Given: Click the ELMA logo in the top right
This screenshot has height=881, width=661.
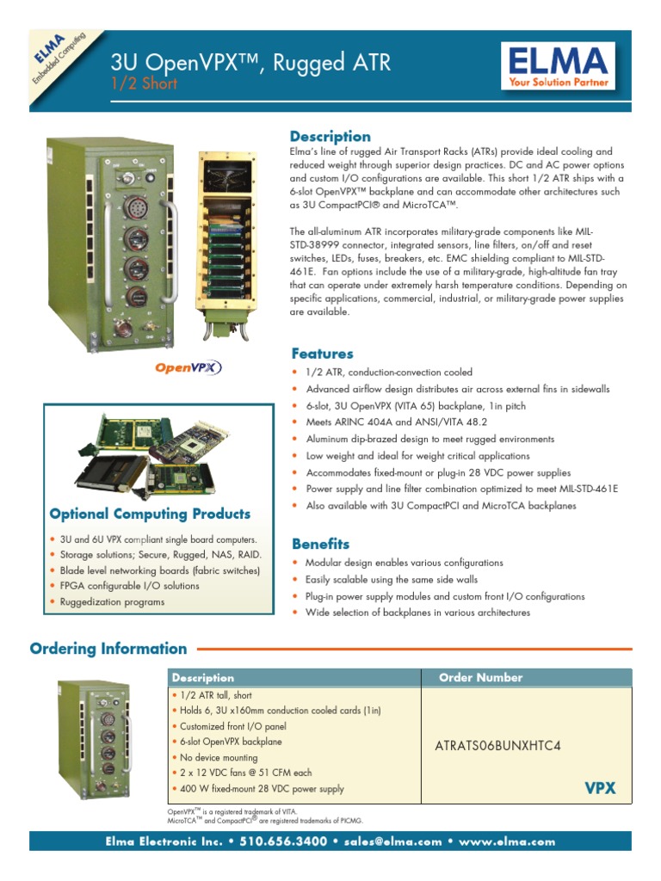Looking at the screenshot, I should (x=558, y=67).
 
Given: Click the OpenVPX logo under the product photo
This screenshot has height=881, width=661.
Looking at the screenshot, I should (x=188, y=367).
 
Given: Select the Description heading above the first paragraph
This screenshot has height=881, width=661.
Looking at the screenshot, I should (x=330, y=137).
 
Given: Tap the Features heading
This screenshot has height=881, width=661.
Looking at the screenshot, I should (x=322, y=354).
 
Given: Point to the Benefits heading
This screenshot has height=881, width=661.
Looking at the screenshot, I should (x=320, y=544).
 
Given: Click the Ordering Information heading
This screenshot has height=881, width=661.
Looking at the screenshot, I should (x=108, y=649).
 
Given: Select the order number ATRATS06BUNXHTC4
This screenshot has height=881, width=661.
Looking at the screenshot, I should (x=497, y=746).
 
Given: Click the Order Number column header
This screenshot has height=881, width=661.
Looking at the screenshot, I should (x=480, y=678).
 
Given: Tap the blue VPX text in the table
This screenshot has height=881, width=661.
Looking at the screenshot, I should (x=600, y=788).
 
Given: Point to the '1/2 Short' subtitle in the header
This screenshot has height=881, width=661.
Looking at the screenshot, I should (x=145, y=83).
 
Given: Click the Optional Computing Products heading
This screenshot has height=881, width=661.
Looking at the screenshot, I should (x=151, y=514).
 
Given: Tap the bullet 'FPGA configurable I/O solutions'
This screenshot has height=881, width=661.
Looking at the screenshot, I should (x=129, y=586).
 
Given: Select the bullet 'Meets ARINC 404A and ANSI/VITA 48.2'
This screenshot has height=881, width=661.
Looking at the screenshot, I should (x=396, y=422).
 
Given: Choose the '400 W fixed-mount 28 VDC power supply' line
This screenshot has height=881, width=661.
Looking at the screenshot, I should (x=262, y=789).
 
